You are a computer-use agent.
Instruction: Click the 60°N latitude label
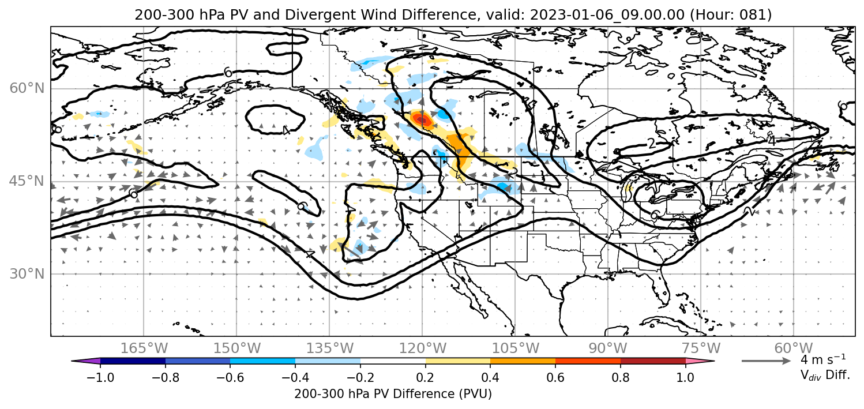click(27, 88)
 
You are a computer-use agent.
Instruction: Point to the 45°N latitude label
click(27, 181)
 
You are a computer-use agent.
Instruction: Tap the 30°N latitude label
click(27, 274)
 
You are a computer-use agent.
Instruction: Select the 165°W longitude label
click(144, 348)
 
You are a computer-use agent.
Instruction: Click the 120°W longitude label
click(422, 348)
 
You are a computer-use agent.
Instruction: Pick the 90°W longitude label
click(608, 348)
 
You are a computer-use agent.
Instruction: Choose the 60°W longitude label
click(794, 348)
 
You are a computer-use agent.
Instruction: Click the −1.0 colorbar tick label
click(100, 377)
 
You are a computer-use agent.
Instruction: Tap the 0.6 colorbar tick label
click(555, 377)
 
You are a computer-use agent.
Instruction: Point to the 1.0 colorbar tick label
click(685, 377)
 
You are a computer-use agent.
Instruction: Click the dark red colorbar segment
click(653, 361)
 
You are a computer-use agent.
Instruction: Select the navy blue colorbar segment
click(133, 361)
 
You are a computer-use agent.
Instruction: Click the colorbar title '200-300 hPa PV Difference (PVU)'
click(393, 394)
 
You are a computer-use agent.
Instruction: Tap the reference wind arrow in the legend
click(766, 361)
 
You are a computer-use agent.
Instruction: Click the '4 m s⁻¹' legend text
click(823, 359)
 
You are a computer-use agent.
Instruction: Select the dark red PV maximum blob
click(421, 119)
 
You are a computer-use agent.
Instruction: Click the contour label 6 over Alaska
click(228, 72)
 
